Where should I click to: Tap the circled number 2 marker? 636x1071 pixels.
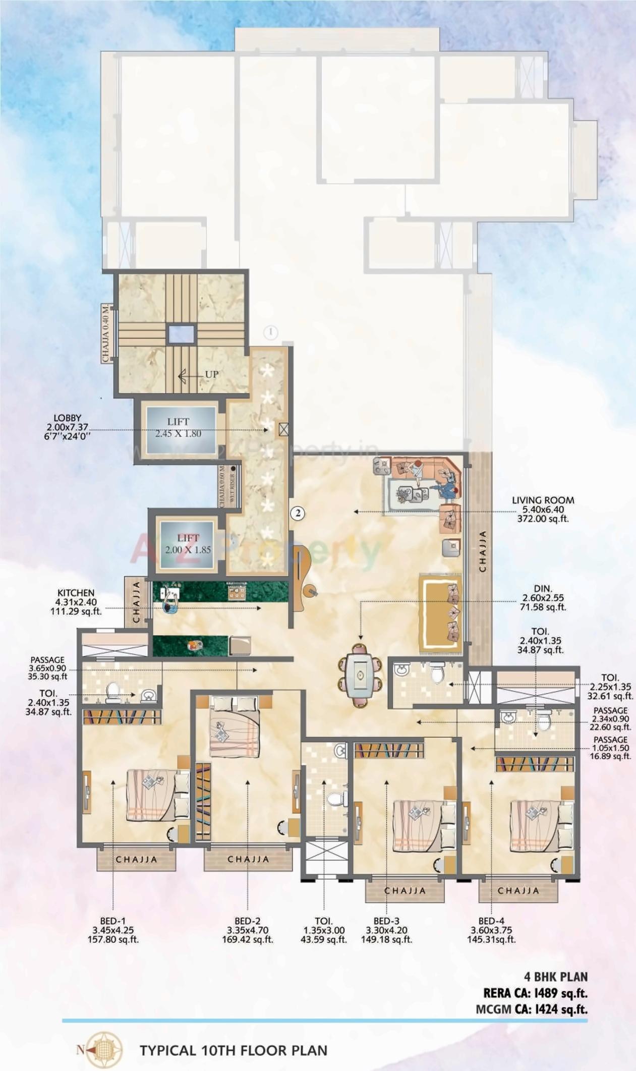click(299, 514)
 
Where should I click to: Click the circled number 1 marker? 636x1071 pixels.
click(271, 332)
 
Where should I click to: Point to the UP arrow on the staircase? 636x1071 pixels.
click(199, 374)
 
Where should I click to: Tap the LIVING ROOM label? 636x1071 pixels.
click(543, 500)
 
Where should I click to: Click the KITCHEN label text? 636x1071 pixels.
click(76, 593)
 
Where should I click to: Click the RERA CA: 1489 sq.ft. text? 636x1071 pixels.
click(535, 993)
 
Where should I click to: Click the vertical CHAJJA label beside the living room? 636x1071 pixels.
click(483, 551)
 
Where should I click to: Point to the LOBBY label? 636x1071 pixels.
click(67, 418)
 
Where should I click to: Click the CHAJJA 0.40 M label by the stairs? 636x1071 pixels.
click(105, 332)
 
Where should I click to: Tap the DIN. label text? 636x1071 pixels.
click(543, 588)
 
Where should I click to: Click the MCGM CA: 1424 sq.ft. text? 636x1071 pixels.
click(532, 1009)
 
